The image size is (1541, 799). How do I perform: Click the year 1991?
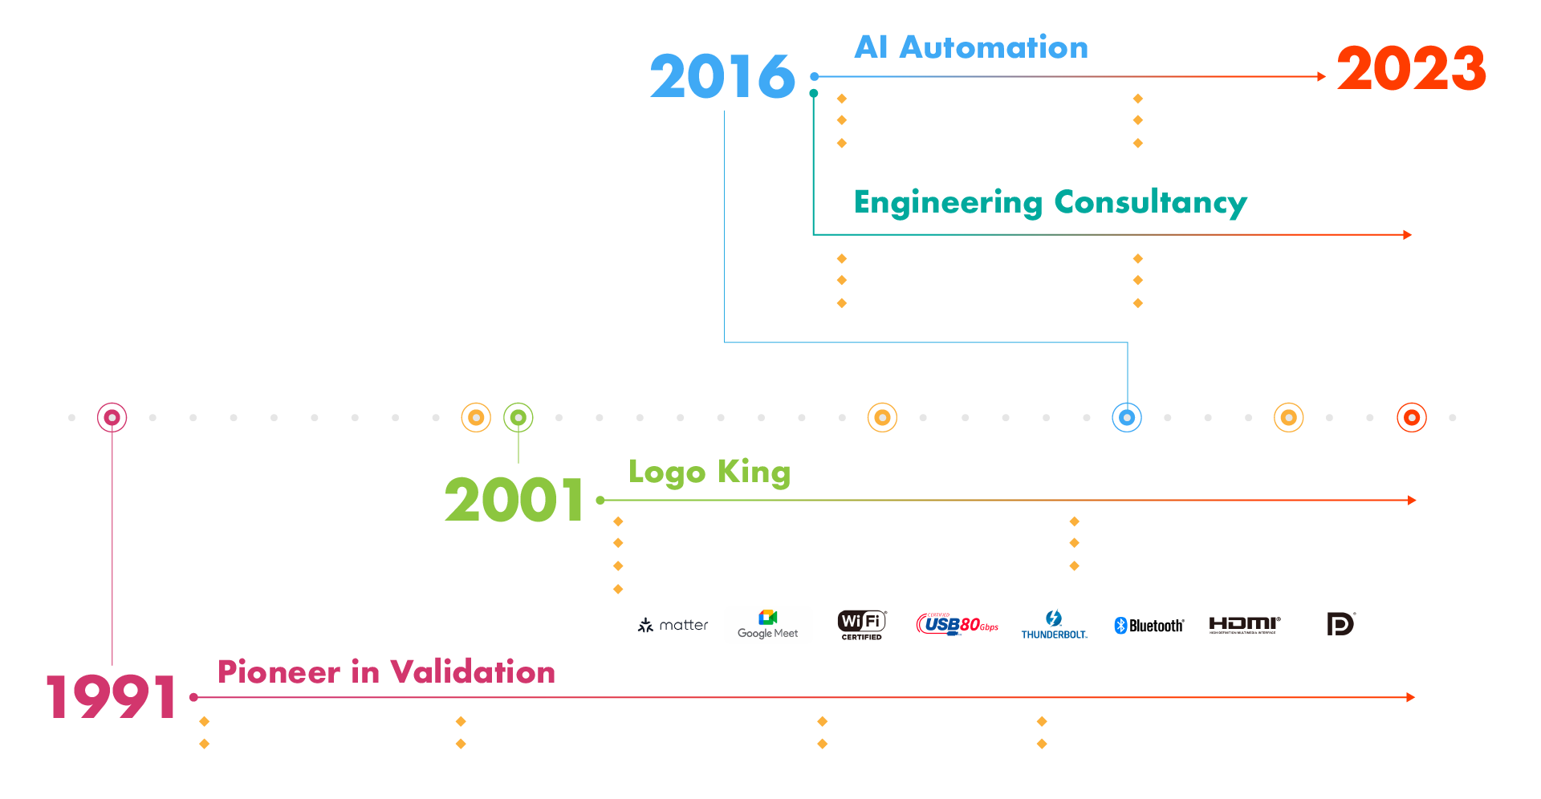[111, 696]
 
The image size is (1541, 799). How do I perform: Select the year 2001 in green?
[514, 500]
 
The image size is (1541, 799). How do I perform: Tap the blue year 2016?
[722, 77]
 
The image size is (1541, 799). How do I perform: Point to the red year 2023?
[1411, 69]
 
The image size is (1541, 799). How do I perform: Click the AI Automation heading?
[971, 47]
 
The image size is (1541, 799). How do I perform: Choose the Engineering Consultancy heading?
[1050, 202]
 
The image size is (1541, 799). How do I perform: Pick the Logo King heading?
[710, 472]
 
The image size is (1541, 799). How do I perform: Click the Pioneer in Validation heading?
[386, 672]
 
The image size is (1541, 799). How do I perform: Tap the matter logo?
[673, 625]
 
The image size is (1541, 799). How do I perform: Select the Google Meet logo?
[768, 624]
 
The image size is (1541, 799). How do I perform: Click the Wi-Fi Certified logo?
[861, 624]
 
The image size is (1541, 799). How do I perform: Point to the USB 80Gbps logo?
[958, 624]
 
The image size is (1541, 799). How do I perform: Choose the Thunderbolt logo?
[1054, 624]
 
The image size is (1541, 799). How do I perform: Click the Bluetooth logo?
[1149, 625]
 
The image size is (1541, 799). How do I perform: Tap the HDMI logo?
[1244, 624]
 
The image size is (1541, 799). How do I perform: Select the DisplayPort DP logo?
[1340, 623]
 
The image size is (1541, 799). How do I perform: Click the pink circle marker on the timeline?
[112, 417]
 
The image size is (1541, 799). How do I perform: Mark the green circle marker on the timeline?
[518, 417]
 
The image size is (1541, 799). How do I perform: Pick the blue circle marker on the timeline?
[1127, 417]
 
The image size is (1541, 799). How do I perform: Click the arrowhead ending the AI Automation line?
[1321, 77]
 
